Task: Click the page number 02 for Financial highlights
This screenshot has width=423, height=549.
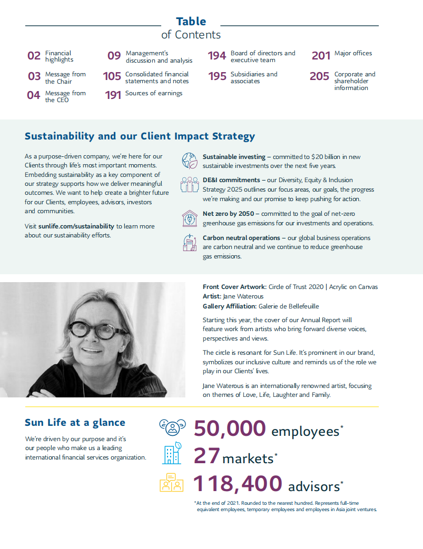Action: [34, 56]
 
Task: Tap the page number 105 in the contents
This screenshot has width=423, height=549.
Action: [112, 77]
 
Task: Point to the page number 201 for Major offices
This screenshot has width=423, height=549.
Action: [321, 56]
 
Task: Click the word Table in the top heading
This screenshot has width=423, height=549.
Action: [191, 22]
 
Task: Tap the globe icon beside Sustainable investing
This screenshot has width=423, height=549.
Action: [189, 160]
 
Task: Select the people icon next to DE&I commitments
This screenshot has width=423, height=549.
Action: [189, 184]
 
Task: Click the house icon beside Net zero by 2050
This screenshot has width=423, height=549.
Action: [189, 218]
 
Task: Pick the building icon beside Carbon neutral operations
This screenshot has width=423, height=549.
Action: [189, 242]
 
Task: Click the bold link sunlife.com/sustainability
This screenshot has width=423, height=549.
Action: [76, 226]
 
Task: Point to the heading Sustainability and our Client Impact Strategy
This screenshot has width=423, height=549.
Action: [140, 136]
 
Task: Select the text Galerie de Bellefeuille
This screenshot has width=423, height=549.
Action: [289, 306]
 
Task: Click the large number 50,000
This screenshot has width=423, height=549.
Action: [229, 428]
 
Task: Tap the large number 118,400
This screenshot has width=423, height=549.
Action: [237, 483]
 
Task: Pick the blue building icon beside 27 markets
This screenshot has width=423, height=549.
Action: [171, 454]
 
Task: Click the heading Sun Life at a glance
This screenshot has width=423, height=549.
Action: [75, 423]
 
